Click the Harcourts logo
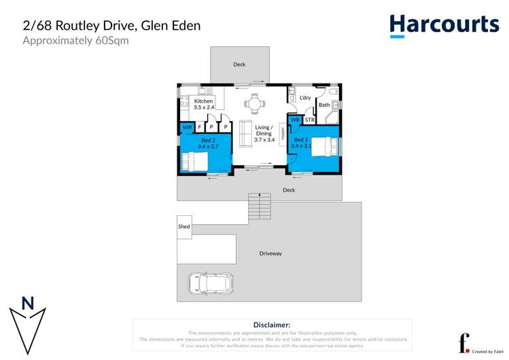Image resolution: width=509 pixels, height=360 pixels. pos(444,25)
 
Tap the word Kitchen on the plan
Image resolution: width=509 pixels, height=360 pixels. pos(203,101)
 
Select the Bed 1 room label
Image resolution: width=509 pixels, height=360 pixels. pos(300,139)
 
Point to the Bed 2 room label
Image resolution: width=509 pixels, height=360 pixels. pos(208,139)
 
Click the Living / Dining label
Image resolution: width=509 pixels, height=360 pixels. pos(264,130)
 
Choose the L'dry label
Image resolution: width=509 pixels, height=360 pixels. pos(305,98)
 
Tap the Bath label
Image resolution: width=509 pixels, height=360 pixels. pos(324,105)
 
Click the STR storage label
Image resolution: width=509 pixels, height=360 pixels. pos(309,120)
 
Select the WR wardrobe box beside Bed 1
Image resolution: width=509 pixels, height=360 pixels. pos(295,120)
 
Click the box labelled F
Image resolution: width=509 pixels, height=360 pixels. pos(200,127)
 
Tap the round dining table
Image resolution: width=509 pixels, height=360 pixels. pos(254,104)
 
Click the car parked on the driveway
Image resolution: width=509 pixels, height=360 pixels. pos(210,283)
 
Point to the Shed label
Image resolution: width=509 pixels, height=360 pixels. pos(183,226)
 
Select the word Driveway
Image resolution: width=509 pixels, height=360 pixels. pos(270,253)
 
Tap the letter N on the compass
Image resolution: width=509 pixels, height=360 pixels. pos(28,304)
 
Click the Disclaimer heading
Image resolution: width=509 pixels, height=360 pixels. pos(272,325)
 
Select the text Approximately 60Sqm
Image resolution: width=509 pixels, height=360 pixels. pos(75,41)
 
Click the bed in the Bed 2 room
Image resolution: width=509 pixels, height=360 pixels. pos(194,162)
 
